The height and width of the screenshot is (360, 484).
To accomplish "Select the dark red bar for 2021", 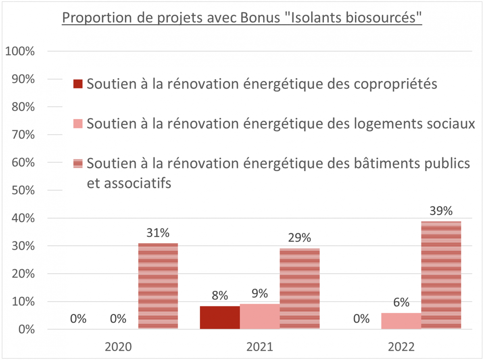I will point(220,318).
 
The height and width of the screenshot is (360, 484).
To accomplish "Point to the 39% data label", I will point(441,211).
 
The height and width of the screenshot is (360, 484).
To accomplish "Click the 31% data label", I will point(158,233).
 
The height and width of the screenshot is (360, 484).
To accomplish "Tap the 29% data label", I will point(299,238).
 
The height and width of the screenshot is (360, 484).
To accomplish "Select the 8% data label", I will point(220,296).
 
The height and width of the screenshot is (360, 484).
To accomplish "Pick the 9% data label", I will point(260,294).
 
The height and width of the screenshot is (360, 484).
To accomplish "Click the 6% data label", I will point(401,303).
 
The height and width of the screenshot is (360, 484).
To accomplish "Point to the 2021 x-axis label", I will point(260,347).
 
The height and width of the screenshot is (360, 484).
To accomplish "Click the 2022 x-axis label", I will point(401,347).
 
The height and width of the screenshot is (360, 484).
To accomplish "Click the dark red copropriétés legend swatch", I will point(77,84).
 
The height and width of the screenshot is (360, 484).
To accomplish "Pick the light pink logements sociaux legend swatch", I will point(77,123).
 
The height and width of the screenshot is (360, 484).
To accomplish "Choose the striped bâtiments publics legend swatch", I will point(77,163).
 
